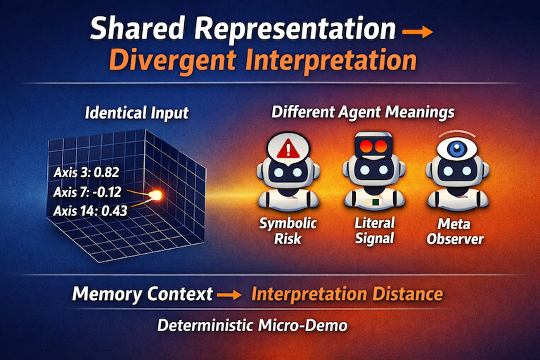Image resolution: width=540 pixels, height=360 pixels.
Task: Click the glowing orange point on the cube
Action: pyautogui.click(x=157, y=195)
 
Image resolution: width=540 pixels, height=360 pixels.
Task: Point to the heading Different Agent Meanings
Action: pyautogui.click(x=363, y=112)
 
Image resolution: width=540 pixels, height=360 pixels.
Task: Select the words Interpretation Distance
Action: pyautogui.click(x=347, y=293)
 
